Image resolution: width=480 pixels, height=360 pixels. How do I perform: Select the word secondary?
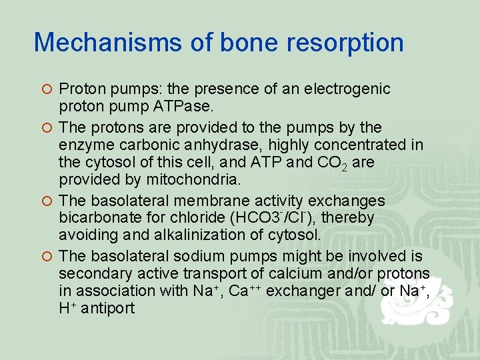pos(91,273)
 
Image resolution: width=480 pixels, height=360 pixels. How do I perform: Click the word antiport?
pos(107,309)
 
